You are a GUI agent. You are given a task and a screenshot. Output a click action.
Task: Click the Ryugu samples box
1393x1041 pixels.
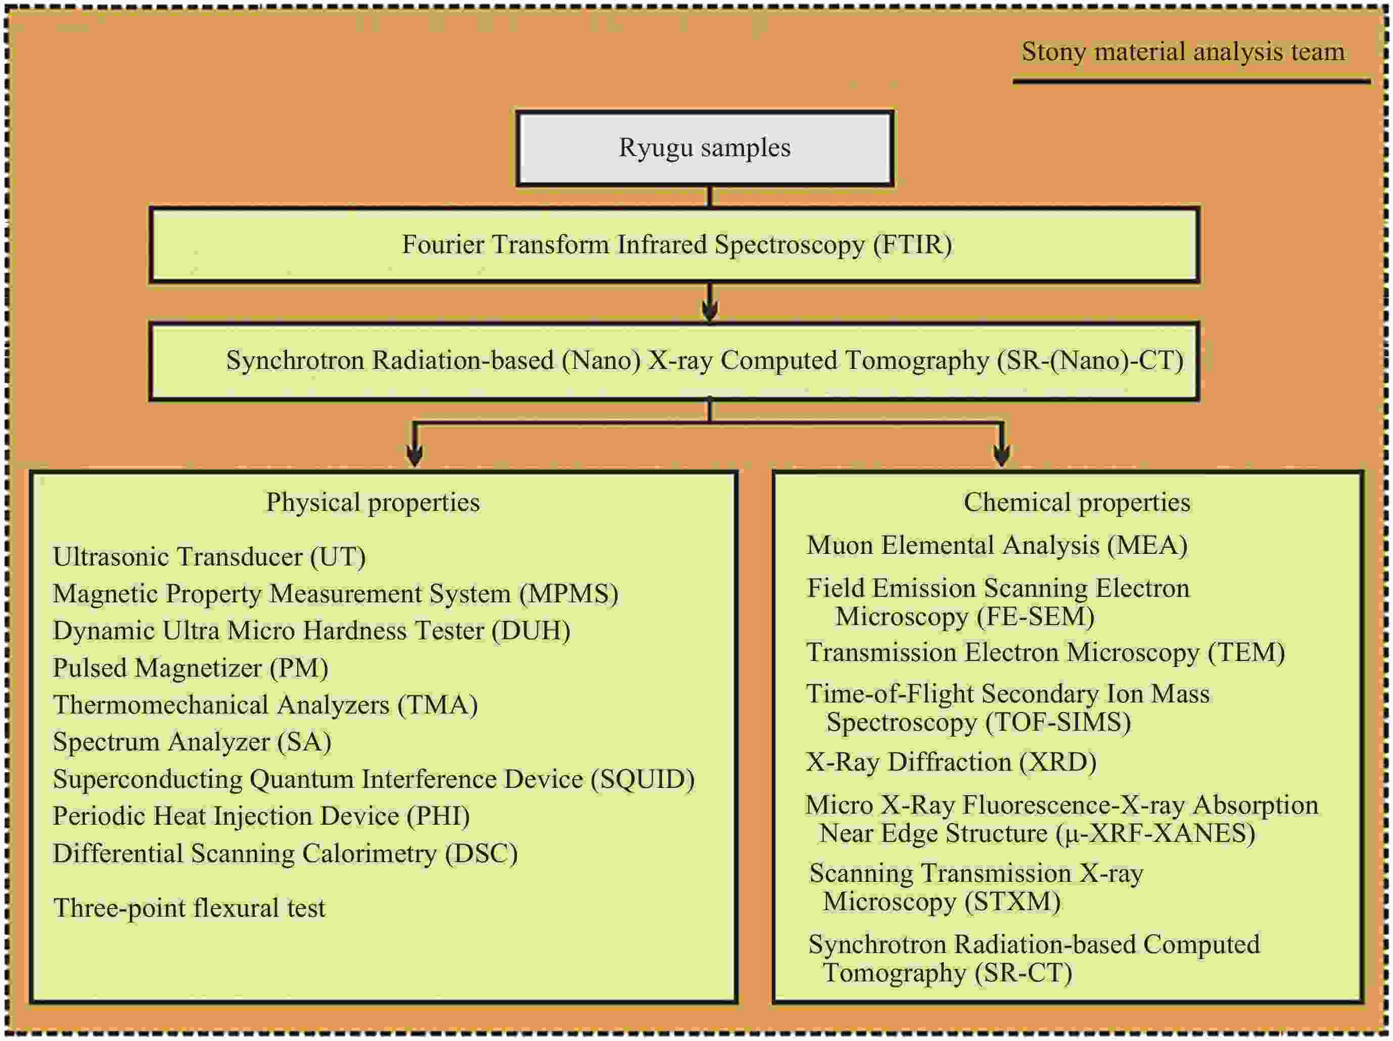pyautogui.click(x=705, y=149)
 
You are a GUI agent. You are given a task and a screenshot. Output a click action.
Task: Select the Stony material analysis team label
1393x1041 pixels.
pyautogui.click(x=1183, y=52)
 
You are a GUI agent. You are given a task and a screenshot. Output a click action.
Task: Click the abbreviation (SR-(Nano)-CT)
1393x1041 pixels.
pyautogui.click(x=1091, y=361)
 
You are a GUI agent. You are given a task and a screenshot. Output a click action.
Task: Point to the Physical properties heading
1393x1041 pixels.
pyautogui.click(x=373, y=502)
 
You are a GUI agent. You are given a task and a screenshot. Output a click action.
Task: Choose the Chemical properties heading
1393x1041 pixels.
pyautogui.click(x=1077, y=502)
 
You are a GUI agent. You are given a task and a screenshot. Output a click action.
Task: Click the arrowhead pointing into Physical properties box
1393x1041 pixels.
pyautogui.click(x=414, y=455)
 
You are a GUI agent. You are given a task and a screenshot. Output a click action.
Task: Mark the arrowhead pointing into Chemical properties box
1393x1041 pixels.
pyautogui.click(x=1001, y=455)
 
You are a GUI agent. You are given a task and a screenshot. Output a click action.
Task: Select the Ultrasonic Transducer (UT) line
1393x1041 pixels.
pyautogui.click(x=209, y=557)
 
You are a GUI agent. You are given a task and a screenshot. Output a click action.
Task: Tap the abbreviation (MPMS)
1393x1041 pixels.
pyautogui.click(x=569, y=594)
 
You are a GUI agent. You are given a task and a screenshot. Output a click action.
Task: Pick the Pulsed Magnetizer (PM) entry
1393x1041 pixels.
pyautogui.click(x=190, y=668)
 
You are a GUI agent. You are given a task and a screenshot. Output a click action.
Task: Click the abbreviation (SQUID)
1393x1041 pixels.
pyautogui.click(x=642, y=780)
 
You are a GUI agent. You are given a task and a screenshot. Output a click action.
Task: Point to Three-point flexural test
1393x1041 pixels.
pyautogui.click(x=190, y=908)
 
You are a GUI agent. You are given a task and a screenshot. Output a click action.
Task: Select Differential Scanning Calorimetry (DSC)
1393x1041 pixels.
pyautogui.click(x=285, y=854)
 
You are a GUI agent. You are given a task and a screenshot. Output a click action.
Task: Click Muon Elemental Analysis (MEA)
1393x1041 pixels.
pyautogui.click(x=997, y=545)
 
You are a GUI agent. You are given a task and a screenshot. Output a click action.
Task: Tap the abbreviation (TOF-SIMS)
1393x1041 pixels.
pyautogui.click(x=1058, y=722)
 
